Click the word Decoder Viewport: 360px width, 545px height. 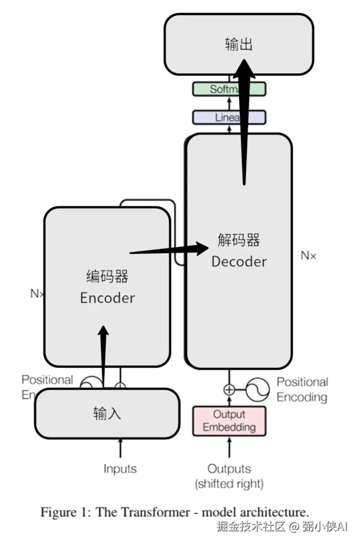click(239, 261)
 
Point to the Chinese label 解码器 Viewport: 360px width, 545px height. click(239, 240)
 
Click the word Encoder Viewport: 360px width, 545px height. click(107, 297)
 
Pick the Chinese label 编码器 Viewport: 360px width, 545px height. click(107, 276)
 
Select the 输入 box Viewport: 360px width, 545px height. click(107, 414)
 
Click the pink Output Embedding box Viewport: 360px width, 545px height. click(229, 421)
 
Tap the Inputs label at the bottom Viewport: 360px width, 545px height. click(120, 469)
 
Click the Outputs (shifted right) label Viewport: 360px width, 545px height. click(229, 476)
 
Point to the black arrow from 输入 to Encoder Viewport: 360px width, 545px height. click(103, 355)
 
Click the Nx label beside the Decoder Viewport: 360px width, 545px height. click(308, 255)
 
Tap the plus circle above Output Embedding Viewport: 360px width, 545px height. click(229, 390)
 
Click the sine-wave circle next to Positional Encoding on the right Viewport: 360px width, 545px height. click(257, 390)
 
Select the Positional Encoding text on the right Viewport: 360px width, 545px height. click(302, 390)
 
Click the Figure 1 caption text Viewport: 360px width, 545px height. click(175, 512)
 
